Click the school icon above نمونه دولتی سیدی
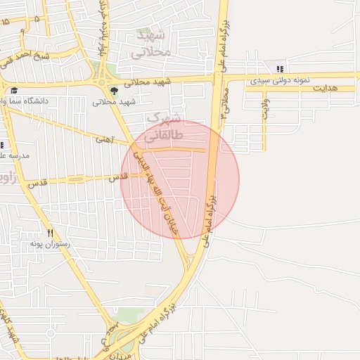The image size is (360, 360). point(281,69)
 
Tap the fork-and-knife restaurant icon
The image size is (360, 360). point(49,233)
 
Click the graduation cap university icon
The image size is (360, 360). point(13,90)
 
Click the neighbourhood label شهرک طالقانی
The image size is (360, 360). point(166,125)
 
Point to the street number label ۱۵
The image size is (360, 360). point(6,22)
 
